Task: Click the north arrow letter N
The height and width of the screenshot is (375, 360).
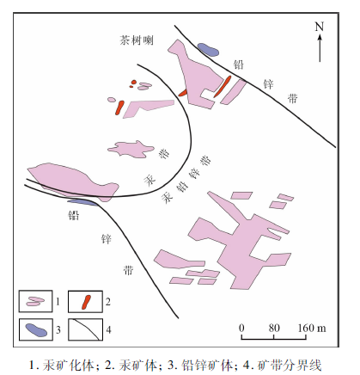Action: [320, 27]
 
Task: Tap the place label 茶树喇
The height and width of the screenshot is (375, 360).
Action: [137, 40]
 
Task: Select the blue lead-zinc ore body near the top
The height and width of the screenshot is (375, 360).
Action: [208, 50]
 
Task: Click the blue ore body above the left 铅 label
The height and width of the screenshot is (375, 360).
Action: [82, 202]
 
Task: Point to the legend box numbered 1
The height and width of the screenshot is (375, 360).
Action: [35, 301]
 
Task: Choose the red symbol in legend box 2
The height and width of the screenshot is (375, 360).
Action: [86, 302]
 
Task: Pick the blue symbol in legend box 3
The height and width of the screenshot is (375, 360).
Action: [36, 329]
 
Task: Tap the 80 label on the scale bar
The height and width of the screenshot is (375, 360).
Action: [274, 328]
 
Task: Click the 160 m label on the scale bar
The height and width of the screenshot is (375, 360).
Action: [312, 328]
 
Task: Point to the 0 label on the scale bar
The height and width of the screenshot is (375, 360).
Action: [241, 328]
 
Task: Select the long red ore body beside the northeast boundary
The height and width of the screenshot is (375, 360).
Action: [223, 87]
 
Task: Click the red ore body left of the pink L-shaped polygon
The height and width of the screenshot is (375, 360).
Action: [119, 108]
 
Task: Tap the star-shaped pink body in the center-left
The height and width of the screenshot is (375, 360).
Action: [131, 149]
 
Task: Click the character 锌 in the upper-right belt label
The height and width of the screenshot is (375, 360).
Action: [268, 84]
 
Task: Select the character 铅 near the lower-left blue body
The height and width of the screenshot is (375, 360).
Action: [73, 215]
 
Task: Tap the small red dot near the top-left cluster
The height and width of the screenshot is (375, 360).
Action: [133, 82]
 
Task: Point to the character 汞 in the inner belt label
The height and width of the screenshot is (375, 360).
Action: [149, 180]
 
